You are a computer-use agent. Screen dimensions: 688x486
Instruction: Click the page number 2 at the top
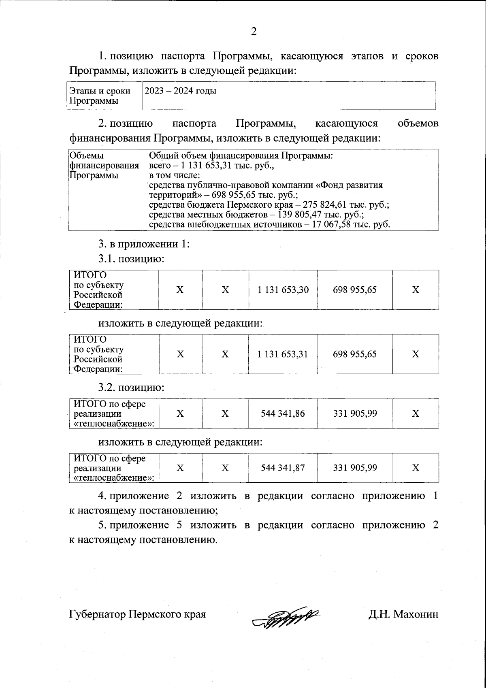pyautogui.click(x=254, y=32)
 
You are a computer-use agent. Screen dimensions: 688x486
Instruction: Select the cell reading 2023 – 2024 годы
pyautogui.click(x=181, y=91)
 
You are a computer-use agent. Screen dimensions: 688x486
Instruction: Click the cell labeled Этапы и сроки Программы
pyautogui.click(x=100, y=96)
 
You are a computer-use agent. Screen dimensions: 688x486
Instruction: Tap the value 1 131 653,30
pyautogui.click(x=283, y=290)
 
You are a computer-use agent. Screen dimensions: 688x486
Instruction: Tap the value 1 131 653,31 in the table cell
pyautogui.click(x=283, y=354)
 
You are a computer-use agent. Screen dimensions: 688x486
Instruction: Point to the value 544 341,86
pyautogui.click(x=283, y=413)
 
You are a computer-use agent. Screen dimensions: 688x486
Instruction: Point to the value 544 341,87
pyautogui.click(x=283, y=468)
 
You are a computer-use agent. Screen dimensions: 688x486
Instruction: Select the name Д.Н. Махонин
pyautogui.click(x=403, y=615)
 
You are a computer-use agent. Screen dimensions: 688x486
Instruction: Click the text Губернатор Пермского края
pyautogui.click(x=137, y=615)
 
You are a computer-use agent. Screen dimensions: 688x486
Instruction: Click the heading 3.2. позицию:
pyautogui.click(x=131, y=388)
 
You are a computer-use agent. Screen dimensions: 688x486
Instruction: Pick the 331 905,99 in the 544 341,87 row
pyautogui.click(x=355, y=468)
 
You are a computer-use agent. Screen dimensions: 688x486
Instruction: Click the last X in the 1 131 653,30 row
pyautogui.click(x=415, y=290)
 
